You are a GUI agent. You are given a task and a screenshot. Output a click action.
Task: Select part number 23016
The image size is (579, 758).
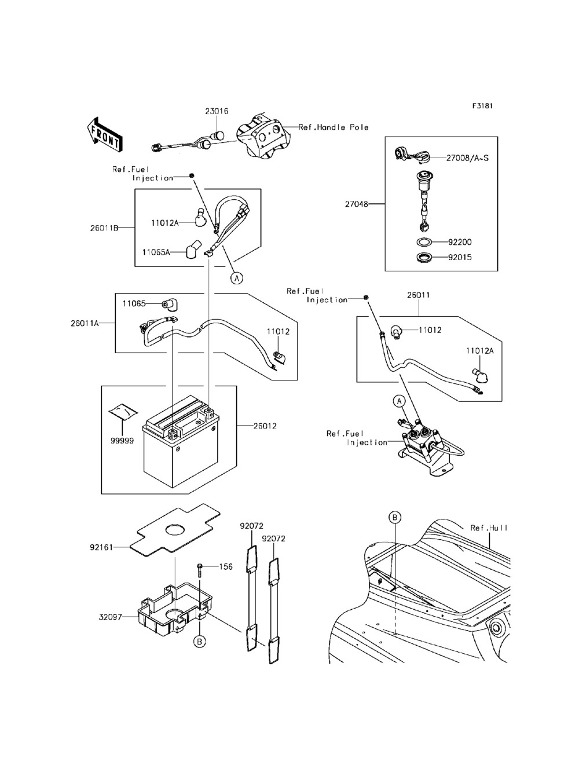[217, 111]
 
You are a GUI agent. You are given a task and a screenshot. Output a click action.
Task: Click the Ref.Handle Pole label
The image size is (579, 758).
[334, 127]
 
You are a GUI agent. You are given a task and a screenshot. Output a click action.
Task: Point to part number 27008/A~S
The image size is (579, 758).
[467, 157]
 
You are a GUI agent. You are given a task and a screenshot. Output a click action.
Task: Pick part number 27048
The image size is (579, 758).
[356, 204]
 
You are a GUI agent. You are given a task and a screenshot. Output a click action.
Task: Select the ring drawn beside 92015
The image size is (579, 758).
[425, 257]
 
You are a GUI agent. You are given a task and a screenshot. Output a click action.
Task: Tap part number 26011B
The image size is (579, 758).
[104, 228]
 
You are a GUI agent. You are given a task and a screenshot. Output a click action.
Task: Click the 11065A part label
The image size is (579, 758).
[156, 252]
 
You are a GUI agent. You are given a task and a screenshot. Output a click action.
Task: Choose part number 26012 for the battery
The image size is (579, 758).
[265, 426]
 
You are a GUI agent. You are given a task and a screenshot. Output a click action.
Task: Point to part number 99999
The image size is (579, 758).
[123, 440]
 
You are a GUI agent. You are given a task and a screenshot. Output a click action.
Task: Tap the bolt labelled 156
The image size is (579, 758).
[199, 570]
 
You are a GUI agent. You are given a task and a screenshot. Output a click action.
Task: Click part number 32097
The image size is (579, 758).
[109, 617]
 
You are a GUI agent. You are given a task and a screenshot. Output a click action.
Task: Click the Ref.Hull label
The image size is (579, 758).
[489, 528]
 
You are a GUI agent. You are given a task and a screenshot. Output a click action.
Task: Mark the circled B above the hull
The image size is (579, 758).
[395, 517]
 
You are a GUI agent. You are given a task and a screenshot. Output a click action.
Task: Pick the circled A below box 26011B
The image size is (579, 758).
[236, 278]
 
